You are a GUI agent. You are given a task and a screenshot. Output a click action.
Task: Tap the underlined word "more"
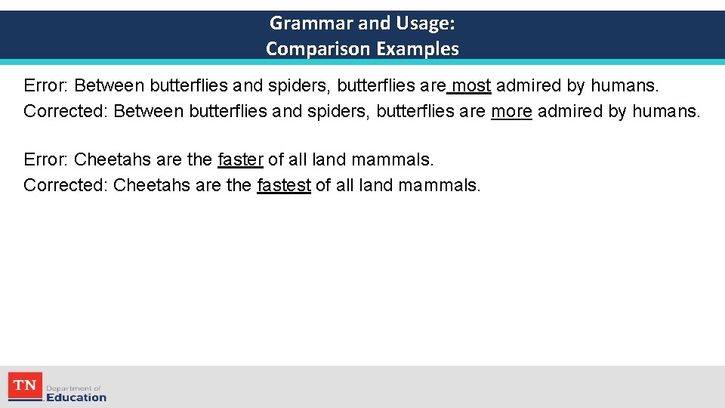511,112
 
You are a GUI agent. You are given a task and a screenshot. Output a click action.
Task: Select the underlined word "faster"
240,159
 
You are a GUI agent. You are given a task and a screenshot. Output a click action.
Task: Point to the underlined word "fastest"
284,185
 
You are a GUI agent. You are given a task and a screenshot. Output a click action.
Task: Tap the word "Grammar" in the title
312,23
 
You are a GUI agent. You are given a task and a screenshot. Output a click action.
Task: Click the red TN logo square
25,386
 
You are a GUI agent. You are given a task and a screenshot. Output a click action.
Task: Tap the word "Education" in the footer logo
76,397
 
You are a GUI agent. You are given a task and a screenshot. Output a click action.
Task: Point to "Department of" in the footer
73,388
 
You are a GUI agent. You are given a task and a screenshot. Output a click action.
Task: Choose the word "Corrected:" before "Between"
66,112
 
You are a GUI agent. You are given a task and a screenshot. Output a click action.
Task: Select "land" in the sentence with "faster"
331,159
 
